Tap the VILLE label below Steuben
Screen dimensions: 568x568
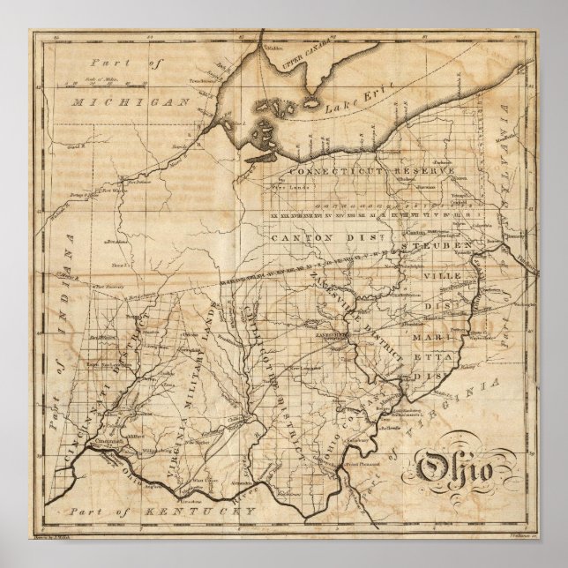point(433,273)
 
